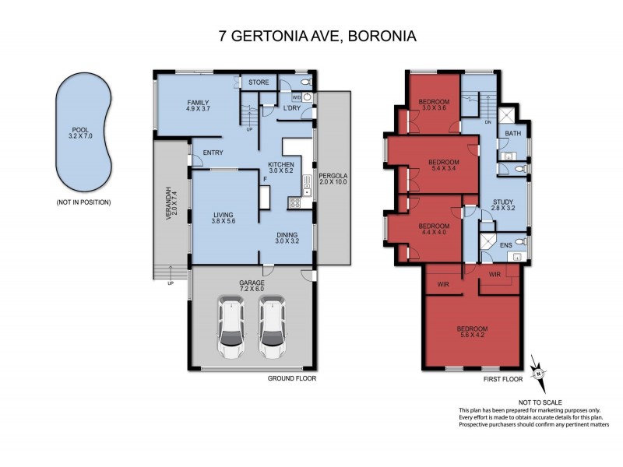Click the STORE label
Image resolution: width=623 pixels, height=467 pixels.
click(259, 82)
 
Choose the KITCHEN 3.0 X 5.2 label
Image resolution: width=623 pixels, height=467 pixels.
click(280, 169)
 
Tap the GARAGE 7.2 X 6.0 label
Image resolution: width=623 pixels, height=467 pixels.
click(252, 285)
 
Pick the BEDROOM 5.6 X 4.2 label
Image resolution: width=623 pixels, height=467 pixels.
click(473, 332)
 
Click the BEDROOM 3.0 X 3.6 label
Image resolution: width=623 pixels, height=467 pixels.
click(432, 106)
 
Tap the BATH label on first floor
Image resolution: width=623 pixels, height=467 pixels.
click(512, 134)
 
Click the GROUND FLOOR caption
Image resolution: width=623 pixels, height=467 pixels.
click(291, 379)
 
